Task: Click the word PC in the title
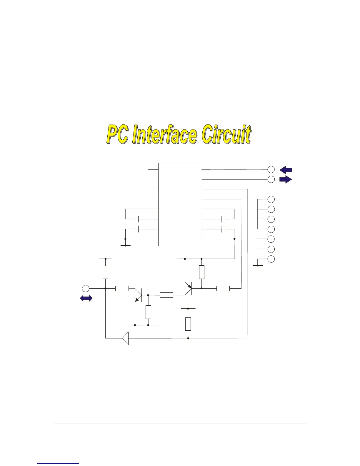point(118,134)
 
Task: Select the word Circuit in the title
point(226,134)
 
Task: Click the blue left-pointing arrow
point(286,169)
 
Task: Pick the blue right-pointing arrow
point(286,179)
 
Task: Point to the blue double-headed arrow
point(86,298)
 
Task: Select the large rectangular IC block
point(180,204)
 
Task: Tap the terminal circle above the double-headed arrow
point(86,288)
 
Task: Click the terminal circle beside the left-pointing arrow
point(271,169)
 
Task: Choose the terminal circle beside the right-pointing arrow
point(271,179)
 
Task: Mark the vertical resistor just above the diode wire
point(188,324)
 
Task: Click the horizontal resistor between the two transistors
point(166,295)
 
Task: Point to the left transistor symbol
point(139,294)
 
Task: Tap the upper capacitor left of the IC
point(136,219)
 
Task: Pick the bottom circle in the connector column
point(271,259)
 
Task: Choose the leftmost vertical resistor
point(106,272)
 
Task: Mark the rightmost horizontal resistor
point(223,289)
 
